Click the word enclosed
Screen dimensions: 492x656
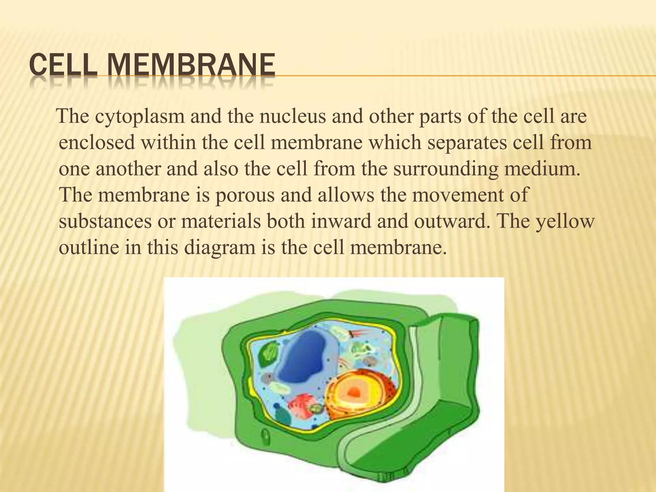tap(97, 143)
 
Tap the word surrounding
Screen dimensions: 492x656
tap(446, 169)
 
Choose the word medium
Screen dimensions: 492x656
tap(543, 169)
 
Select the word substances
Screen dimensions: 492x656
tap(105, 221)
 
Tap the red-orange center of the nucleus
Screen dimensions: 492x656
tap(354, 391)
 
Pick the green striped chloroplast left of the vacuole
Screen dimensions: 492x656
tap(270, 354)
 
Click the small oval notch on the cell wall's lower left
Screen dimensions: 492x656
tap(266, 436)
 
